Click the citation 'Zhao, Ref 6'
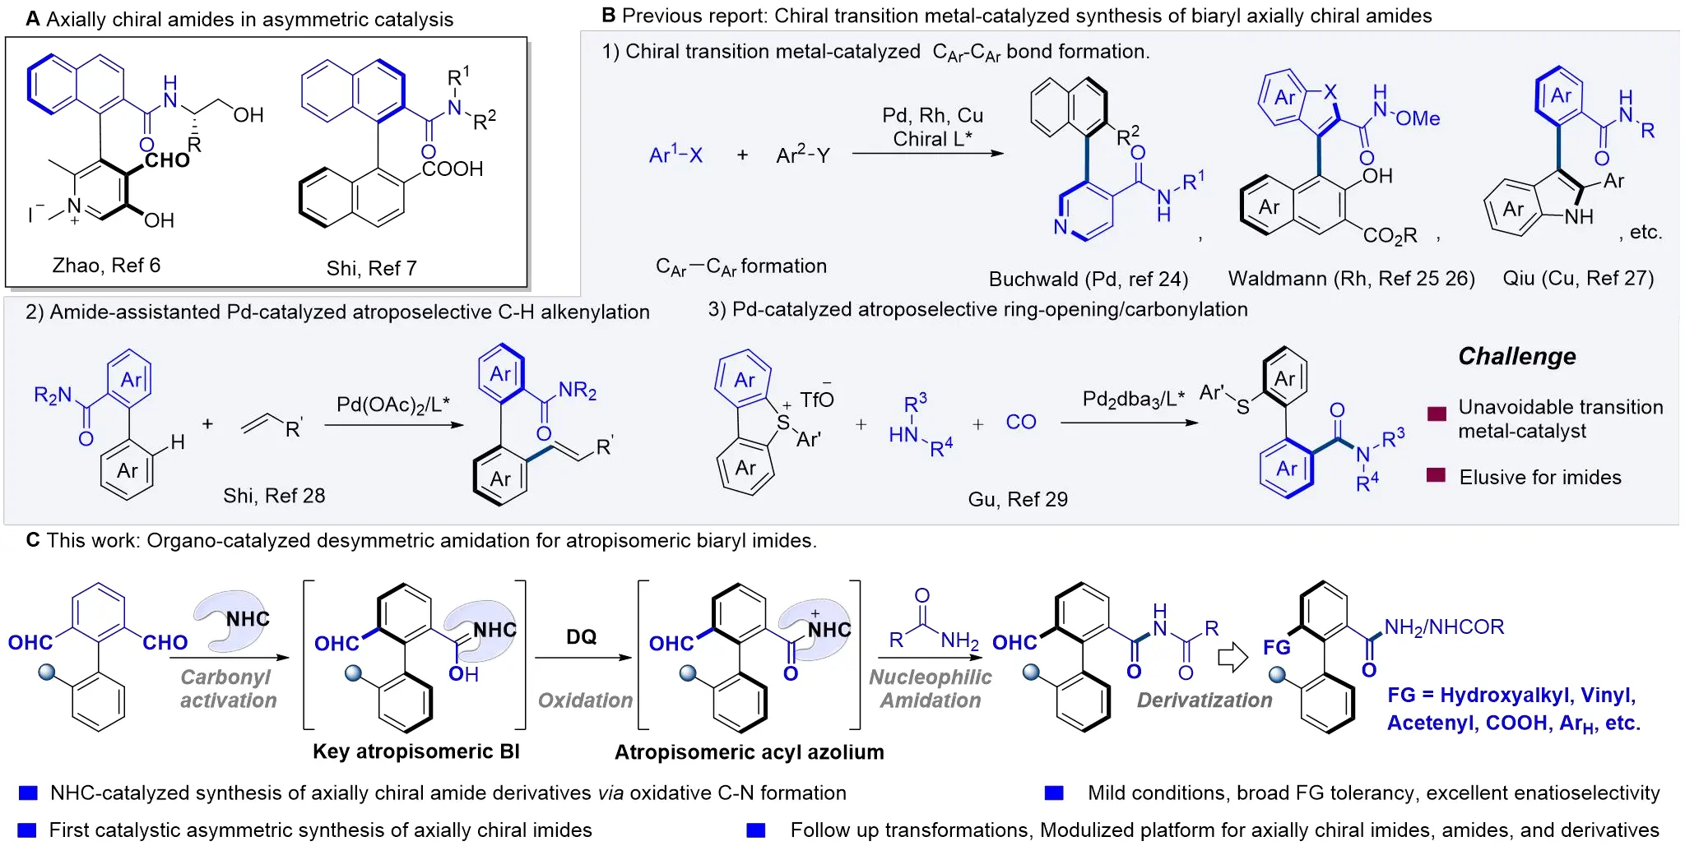tap(106, 266)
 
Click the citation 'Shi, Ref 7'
tap(371, 269)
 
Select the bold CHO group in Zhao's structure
tap(167, 159)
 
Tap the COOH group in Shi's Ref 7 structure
tap(452, 169)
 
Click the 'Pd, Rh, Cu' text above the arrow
tap(932, 116)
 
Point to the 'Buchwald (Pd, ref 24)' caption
tap(1088, 280)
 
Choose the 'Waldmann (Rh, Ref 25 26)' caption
tap(1351, 279)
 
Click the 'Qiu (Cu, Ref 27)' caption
tap(1577, 279)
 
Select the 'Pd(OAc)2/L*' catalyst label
tap(393, 405)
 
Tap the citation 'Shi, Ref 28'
tap(274, 496)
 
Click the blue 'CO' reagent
tap(1020, 423)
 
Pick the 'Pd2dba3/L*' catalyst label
tap(1133, 400)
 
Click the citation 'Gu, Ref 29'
tap(1017, 499)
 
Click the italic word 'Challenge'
tap(1516, 357)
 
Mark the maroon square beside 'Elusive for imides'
tap(1436, 475)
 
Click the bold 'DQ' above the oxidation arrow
tap(581, 637)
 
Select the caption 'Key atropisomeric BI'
tap(415, 751)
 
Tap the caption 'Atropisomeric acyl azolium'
tap(749, 752)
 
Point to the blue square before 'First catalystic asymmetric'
tap(27, 830)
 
